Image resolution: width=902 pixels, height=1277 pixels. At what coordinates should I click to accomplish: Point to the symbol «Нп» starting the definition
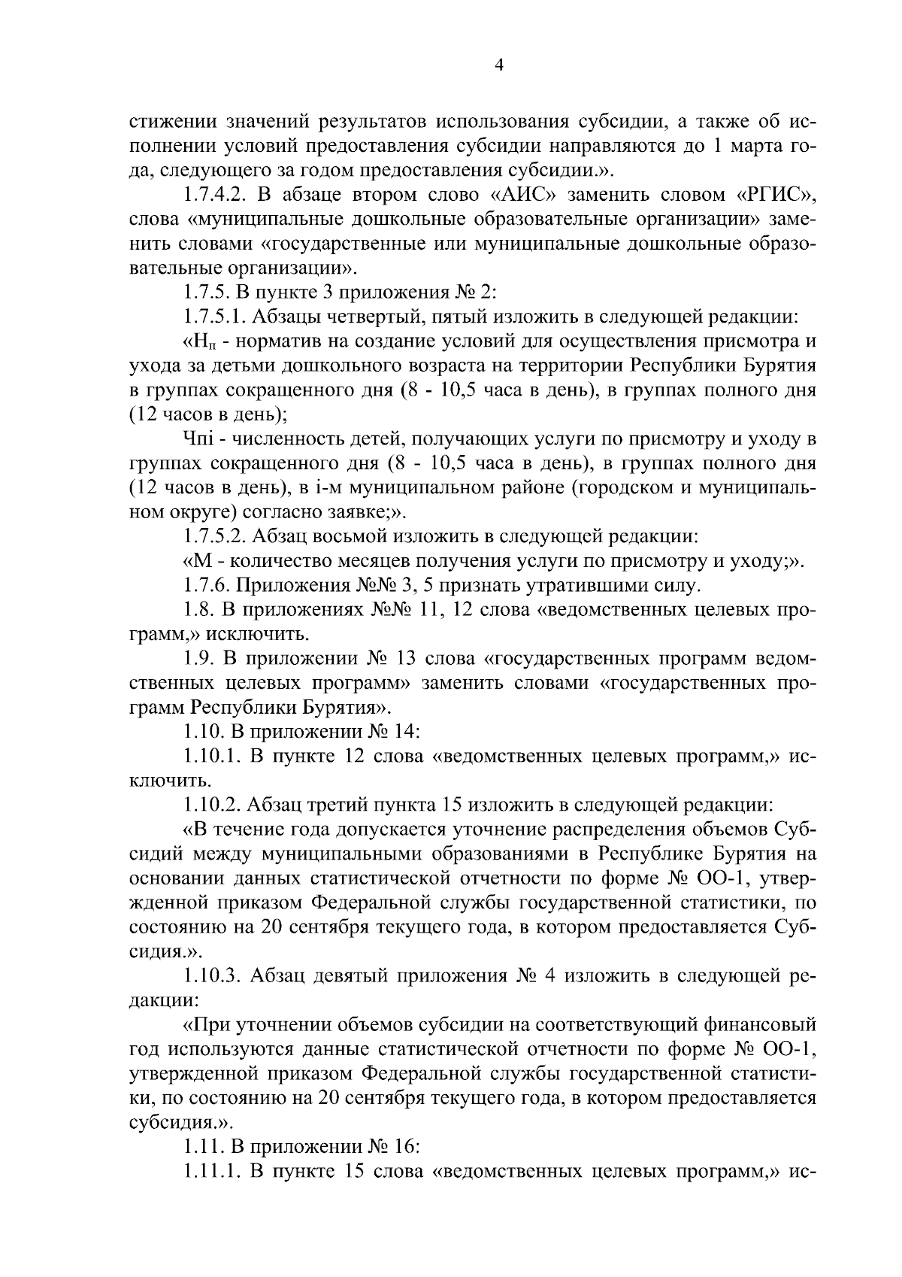point(199,342)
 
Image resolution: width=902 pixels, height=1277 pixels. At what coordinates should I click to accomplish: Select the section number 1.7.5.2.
point(211,536)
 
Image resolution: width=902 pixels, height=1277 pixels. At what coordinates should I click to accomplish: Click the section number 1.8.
point(198,610)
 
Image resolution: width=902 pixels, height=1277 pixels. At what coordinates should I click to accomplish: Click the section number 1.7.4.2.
point(214,195)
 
